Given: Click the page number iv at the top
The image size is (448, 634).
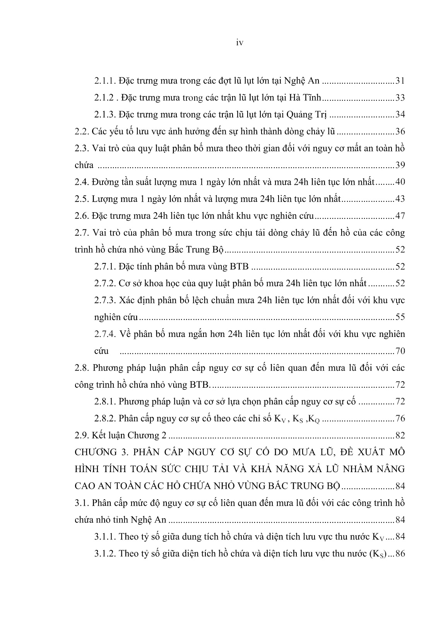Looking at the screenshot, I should [239, 43].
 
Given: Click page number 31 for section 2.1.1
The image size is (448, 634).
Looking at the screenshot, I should [400, 81].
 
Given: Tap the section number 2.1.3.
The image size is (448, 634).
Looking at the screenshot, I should [104, 115].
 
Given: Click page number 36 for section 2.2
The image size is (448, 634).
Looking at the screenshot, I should [400, 132].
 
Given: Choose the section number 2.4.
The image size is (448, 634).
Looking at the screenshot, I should [82, 182].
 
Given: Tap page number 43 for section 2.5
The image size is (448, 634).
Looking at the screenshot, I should [400, 199].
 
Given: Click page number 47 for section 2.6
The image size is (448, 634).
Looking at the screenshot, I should [400, 216].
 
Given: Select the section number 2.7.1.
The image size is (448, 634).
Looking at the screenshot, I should [104, 266].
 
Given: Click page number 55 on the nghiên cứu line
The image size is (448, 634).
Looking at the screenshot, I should [400, 317].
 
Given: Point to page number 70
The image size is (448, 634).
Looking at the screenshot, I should [400, 351].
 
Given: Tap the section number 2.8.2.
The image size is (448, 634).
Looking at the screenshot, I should [104, 418].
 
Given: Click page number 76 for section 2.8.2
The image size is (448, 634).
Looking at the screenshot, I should [400, 418].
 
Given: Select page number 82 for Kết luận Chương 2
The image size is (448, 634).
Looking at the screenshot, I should [400, 435].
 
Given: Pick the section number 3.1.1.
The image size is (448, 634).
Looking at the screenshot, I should [104, 536].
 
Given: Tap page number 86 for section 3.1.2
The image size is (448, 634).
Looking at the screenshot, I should [400, 553].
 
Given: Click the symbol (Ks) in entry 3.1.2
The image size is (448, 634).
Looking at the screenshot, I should [377, 554].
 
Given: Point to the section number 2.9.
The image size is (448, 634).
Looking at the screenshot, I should [82, 435].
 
